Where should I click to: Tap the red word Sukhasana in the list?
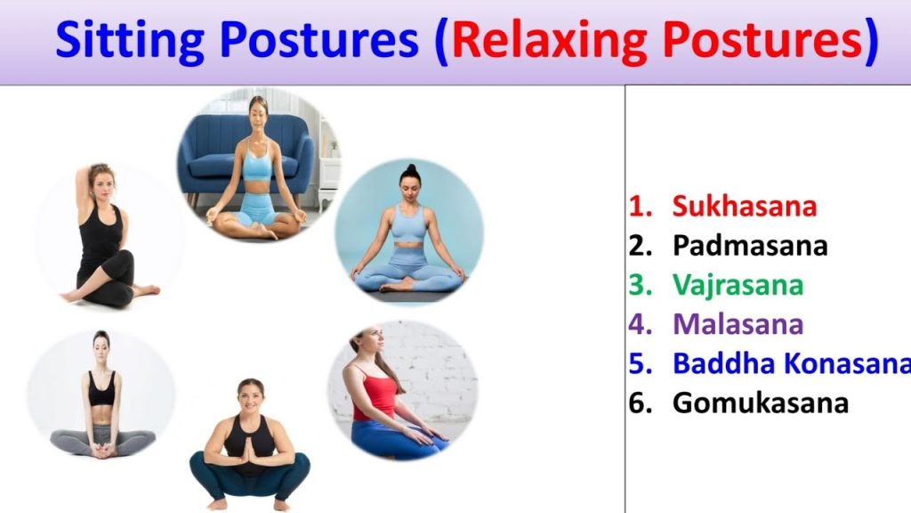(745, 206)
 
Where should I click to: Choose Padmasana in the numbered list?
(749, 246)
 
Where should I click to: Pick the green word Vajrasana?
(738, 286)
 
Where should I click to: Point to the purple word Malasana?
(738, 324)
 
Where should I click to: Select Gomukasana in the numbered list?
(760, 403)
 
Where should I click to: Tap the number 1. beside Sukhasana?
(641, 206)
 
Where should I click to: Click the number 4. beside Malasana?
(641, 324)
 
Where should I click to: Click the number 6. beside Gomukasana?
(641, 403)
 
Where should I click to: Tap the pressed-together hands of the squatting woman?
(249, 449)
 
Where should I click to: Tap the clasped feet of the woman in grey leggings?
(102, 450)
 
